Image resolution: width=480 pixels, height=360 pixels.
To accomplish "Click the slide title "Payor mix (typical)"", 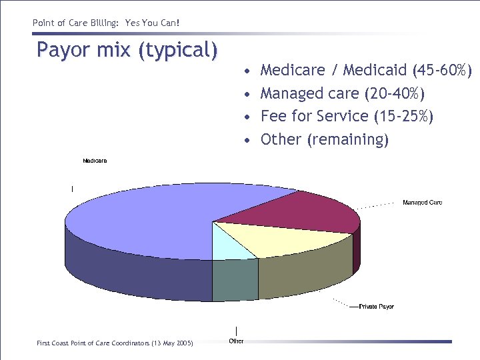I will point(127,50).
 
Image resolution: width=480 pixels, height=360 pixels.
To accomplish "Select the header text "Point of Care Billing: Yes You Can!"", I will point(106,23).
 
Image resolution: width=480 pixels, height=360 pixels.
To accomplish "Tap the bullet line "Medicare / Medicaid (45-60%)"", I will point(366,70).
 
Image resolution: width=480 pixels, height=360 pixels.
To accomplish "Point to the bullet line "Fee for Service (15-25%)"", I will point(347,117).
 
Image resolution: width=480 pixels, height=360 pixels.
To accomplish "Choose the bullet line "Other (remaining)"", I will point(324,139).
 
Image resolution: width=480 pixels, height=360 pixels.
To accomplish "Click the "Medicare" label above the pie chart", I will point(95,161).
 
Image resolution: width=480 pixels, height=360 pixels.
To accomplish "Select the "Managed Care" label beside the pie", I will point(422,202).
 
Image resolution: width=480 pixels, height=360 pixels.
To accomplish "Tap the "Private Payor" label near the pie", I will point(376,307).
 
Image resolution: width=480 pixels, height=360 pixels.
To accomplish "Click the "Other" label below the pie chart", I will point(236,341).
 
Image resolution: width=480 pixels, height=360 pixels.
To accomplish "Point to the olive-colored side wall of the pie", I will point(303,273).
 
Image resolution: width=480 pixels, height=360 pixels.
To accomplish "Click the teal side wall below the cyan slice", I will point(235,280).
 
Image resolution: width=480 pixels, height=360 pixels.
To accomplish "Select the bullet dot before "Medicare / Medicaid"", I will point(247,71).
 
